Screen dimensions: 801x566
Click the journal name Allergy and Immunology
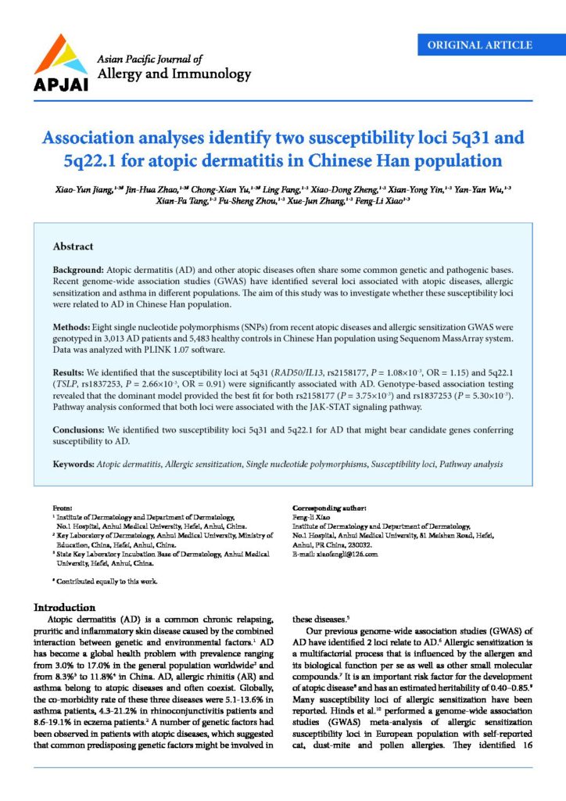tap(173, 74)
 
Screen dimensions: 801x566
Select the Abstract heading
tap(73, 246)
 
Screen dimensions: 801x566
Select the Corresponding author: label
tap(327, 507)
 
